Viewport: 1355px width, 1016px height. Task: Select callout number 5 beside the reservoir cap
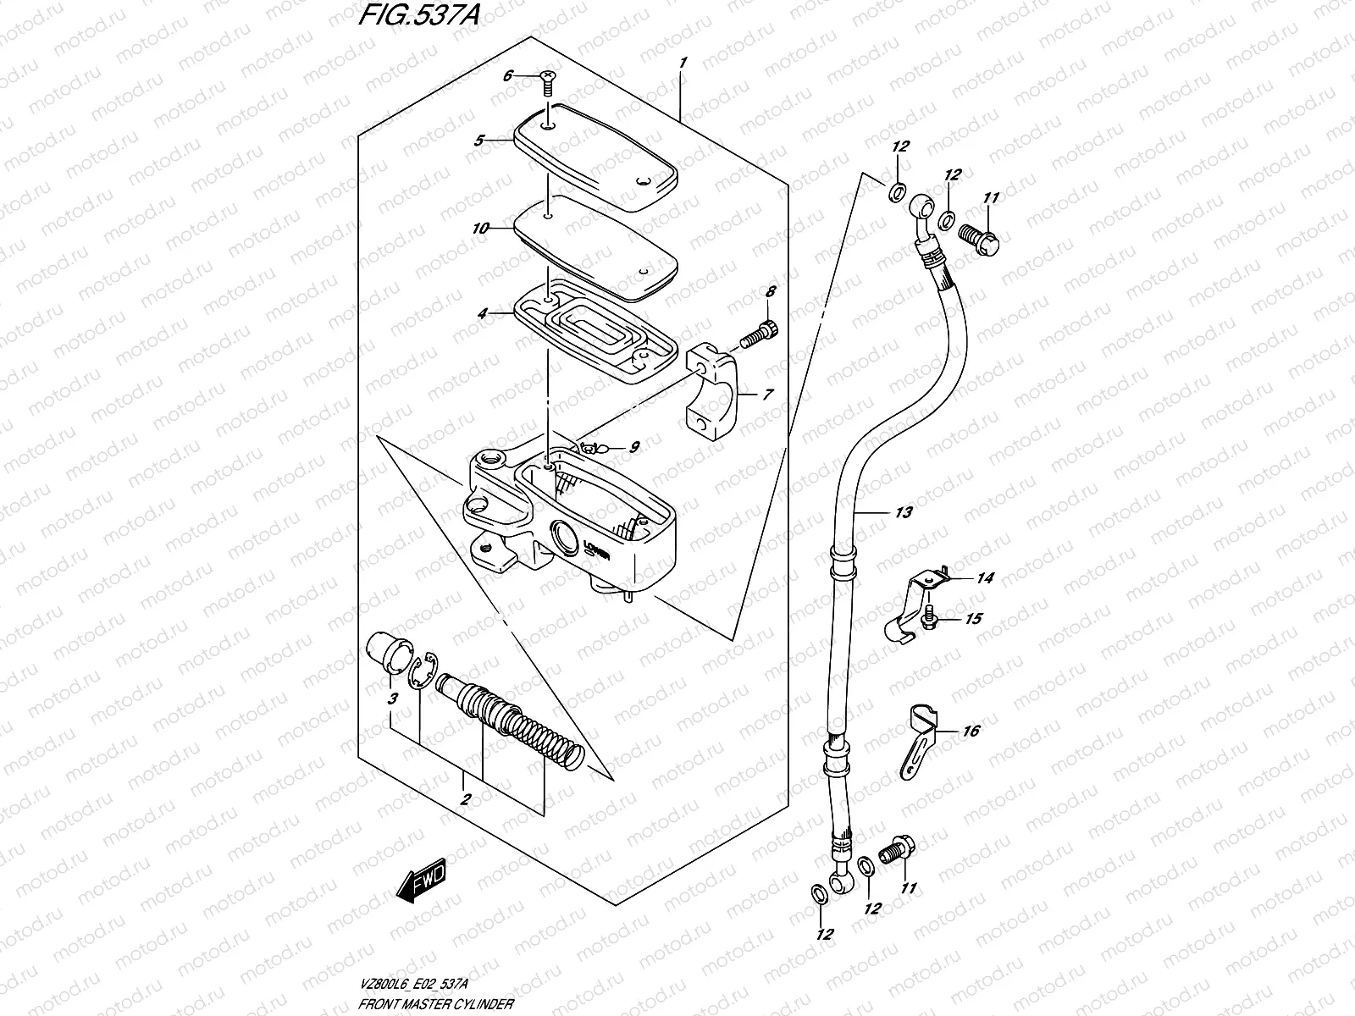click(478, 141)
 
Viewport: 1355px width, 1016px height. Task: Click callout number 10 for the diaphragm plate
click(481, 229)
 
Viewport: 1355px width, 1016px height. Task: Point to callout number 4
click(482, 313)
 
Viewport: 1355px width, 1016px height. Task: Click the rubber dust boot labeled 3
click(386, 658)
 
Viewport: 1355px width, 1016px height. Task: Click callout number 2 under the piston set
click(465, 798)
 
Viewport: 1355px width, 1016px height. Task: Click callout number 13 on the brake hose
click(903, 512)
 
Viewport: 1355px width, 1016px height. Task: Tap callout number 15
click(973, 619)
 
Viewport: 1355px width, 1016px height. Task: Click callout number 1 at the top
click(683, 63)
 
